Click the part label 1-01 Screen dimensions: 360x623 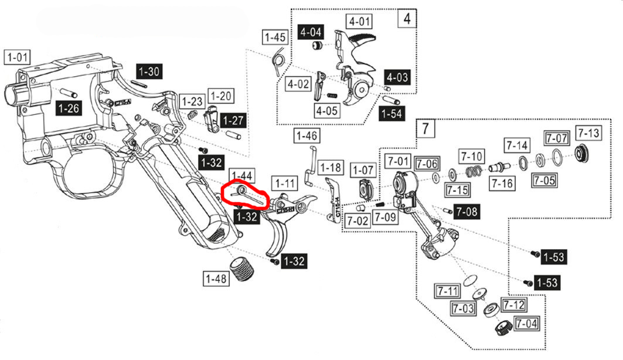(x=18, y=57)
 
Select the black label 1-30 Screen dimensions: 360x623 (x=149, y=72)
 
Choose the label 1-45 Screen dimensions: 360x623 (x=275, y=38)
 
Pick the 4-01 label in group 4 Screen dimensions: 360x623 (x=360, y=22)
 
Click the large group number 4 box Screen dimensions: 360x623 (x=407, y=19)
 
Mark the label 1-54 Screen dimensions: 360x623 (x=391, y=113)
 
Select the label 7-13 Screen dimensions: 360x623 (x=588, y=133)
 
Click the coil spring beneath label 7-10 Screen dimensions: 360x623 (x=474, y=171)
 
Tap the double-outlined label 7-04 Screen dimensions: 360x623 (x=526, y=322)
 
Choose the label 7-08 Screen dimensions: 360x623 (x=467, y=210)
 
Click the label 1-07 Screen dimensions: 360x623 (x=362, y=170)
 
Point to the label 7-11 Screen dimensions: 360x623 (x=447, y=290)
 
